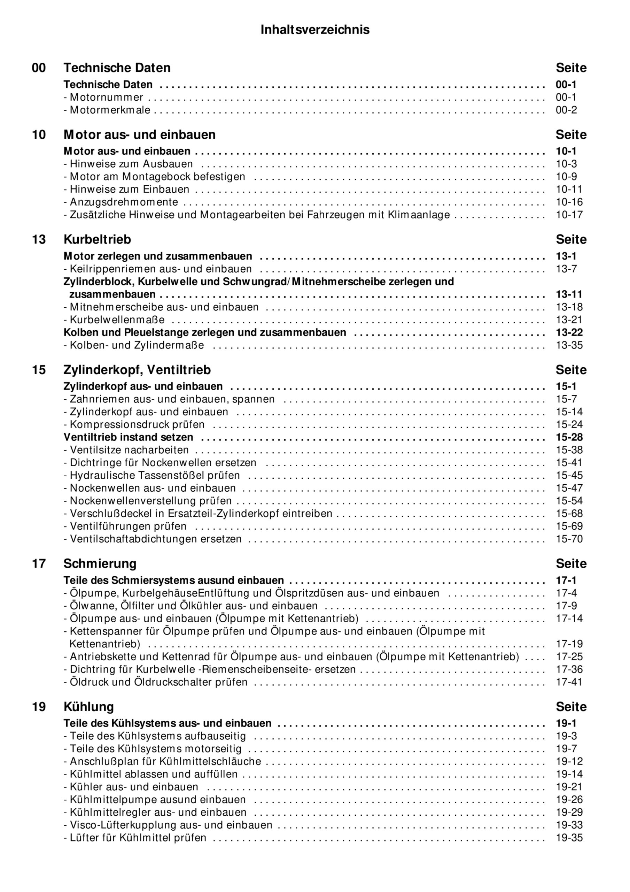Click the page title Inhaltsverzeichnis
314,30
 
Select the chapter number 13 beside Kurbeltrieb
39,239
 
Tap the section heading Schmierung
100,563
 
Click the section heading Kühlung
88,706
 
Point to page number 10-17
569,215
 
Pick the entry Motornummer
106,97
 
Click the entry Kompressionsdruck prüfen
137,424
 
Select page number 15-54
569,501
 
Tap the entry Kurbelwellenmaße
117,320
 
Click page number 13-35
569,345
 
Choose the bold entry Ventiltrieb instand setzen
128,437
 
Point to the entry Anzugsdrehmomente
124,202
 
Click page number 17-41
569,682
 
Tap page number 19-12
569,761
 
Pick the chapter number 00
39,68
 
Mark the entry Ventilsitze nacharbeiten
129,450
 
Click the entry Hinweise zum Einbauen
129,189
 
